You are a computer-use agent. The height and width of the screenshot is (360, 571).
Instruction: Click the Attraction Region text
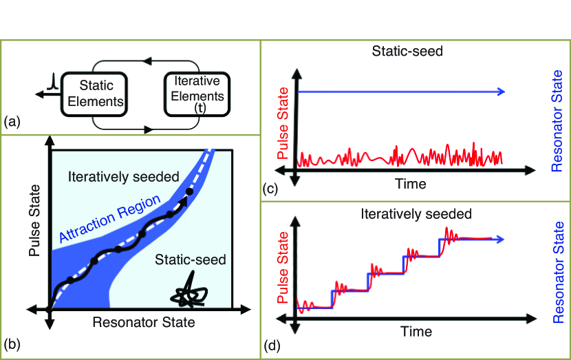point(110,220)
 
